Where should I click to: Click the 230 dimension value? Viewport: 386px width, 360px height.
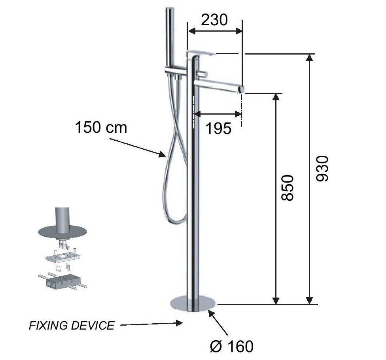(x=214, y=20)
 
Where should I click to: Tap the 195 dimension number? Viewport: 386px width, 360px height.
(x=218, y=128)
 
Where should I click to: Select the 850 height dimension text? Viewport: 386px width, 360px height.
(x=288, y=188)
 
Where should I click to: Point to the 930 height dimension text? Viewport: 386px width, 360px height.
(x=322, y=168)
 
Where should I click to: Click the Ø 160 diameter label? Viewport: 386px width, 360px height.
(x=232, y=346)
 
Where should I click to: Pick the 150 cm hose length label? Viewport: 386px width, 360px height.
(x=101, y=127)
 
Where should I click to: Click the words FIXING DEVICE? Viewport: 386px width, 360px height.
(x=72, y=325)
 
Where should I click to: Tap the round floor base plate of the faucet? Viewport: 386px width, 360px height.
(x=193, y=304)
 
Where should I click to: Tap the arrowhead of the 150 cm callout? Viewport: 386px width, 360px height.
(x=163, y=155)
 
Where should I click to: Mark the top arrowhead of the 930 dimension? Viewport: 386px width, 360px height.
(x=309, y=58)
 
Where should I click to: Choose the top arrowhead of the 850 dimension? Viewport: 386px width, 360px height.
(x=276, y=98)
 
